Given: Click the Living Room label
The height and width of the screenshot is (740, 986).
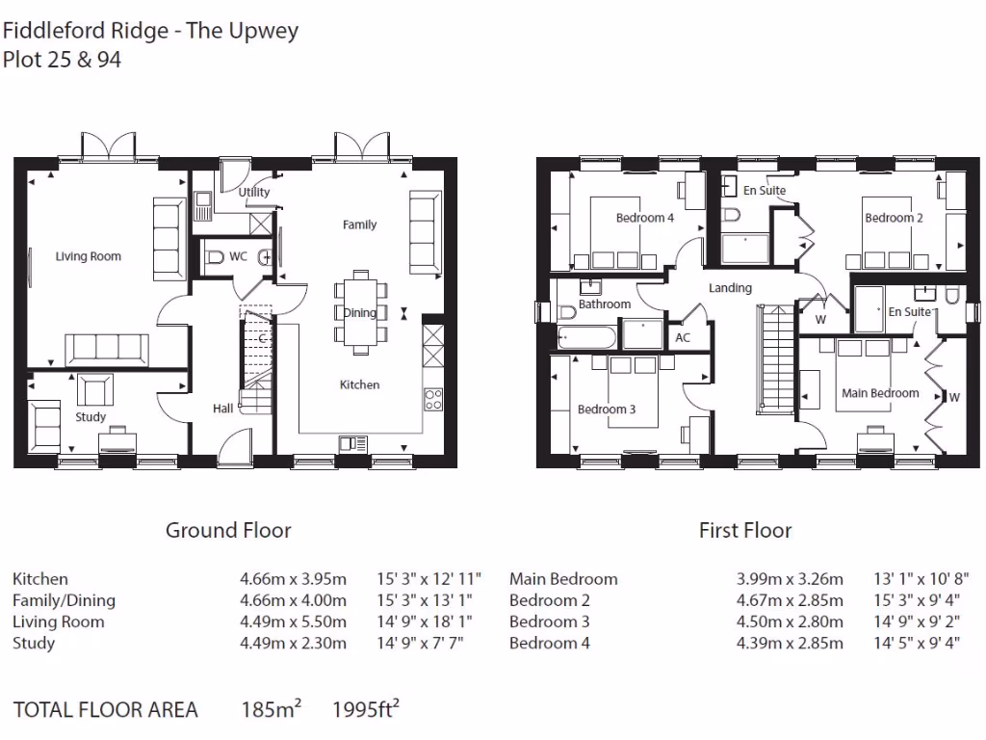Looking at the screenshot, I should [88, 256].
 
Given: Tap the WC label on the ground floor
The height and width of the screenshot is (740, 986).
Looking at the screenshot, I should [238, 256].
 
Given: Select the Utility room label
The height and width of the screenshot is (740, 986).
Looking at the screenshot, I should [254, 192].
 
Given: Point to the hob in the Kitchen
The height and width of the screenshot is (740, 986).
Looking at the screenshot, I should [433, 398].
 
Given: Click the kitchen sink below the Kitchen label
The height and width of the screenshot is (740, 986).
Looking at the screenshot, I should [352, 442].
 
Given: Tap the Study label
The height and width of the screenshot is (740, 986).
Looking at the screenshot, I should [91, 417].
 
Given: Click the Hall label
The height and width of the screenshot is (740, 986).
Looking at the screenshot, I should [222, 409].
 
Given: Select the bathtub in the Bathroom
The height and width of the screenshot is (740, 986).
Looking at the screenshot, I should [585, 336].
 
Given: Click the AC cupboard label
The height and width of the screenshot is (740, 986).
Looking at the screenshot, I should [683, 337].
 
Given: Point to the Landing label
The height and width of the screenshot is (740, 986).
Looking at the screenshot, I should [730, 288].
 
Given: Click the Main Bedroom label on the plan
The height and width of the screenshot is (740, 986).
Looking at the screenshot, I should [880, 393].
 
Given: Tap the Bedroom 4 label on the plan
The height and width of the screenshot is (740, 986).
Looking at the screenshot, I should [645, 218].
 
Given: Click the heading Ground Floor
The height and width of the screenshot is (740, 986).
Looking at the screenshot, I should [228, 530].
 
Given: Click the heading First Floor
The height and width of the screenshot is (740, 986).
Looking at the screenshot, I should [745, 530].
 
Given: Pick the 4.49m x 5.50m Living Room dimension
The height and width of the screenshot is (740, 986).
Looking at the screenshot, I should [293, 621].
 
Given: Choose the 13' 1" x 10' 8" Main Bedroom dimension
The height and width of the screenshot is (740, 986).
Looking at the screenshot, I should [916, 579].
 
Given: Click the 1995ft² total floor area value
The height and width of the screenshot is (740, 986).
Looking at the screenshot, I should [365, 710].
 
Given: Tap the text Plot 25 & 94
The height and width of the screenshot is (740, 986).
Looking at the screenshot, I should [63, 60].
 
